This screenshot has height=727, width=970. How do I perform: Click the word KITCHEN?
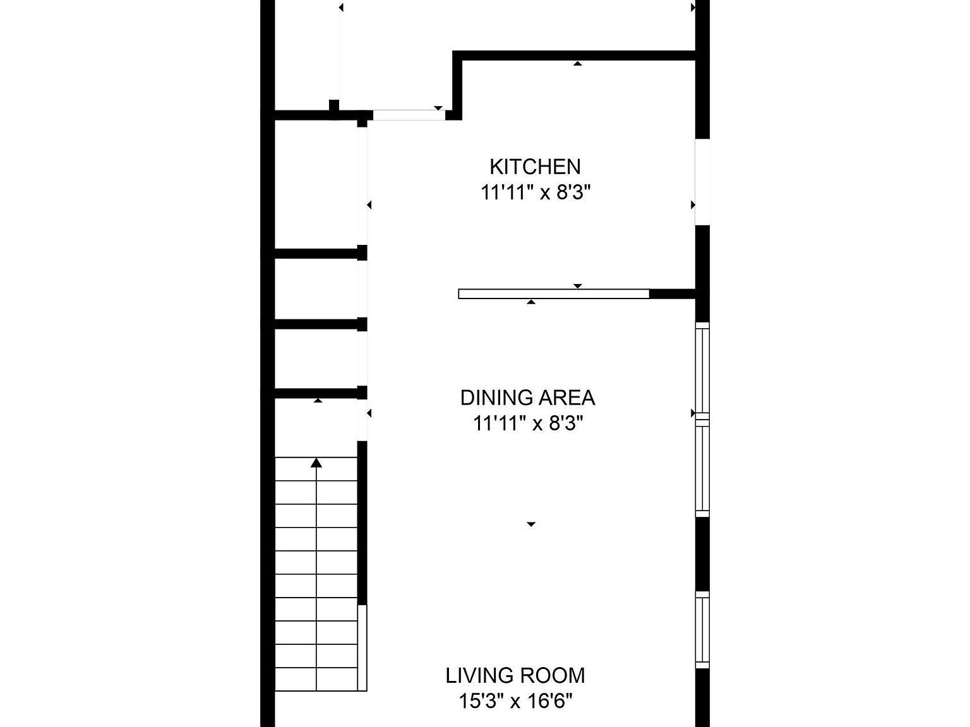535,167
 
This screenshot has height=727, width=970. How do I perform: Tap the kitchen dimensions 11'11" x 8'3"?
536,193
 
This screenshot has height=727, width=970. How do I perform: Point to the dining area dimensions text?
528,423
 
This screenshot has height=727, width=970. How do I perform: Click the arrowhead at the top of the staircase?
316,463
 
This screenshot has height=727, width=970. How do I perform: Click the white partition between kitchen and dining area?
554,294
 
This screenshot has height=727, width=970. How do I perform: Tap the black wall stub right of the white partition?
673,294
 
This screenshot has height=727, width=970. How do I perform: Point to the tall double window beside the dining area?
703,419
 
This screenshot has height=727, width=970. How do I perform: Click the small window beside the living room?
703,630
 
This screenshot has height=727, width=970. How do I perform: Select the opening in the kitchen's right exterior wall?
703,182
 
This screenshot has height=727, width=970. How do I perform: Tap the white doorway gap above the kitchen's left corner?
409,115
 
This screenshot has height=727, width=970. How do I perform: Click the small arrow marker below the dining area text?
531,524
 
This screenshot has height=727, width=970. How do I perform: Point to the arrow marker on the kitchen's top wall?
577,64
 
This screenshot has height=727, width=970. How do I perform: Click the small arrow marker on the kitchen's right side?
693,205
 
